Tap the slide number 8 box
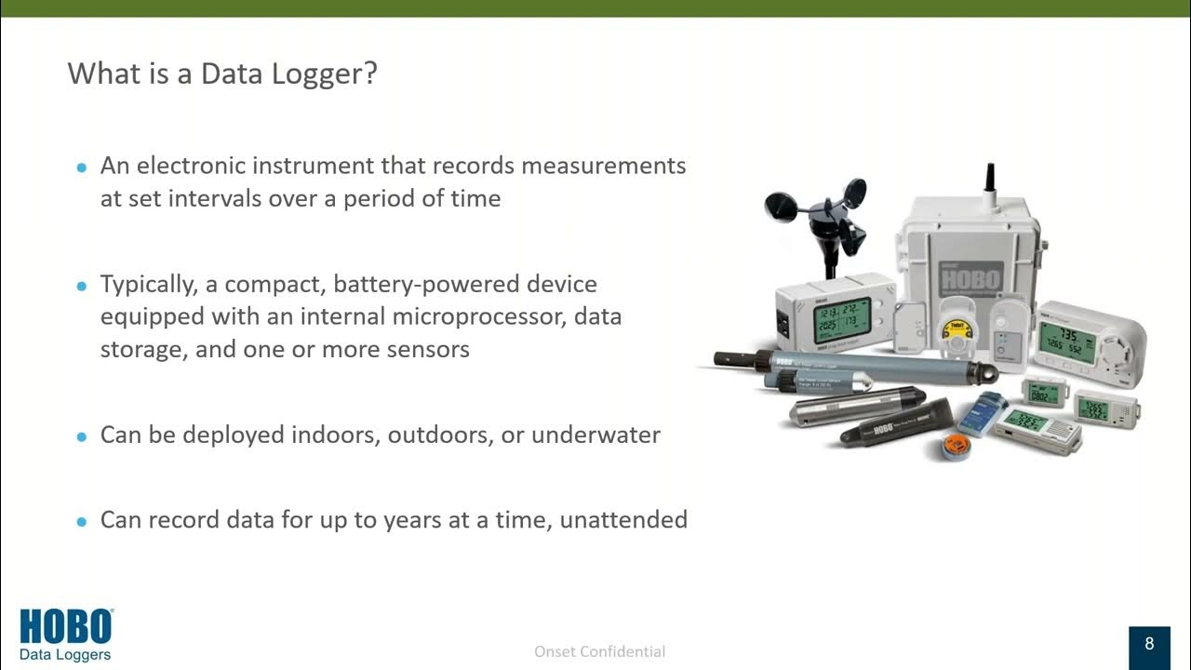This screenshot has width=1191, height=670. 1149,644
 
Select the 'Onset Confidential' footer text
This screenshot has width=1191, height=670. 599,651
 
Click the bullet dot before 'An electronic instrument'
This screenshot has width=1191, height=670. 81,167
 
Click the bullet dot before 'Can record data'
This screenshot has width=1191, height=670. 81,521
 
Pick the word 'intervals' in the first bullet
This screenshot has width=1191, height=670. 218,198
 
